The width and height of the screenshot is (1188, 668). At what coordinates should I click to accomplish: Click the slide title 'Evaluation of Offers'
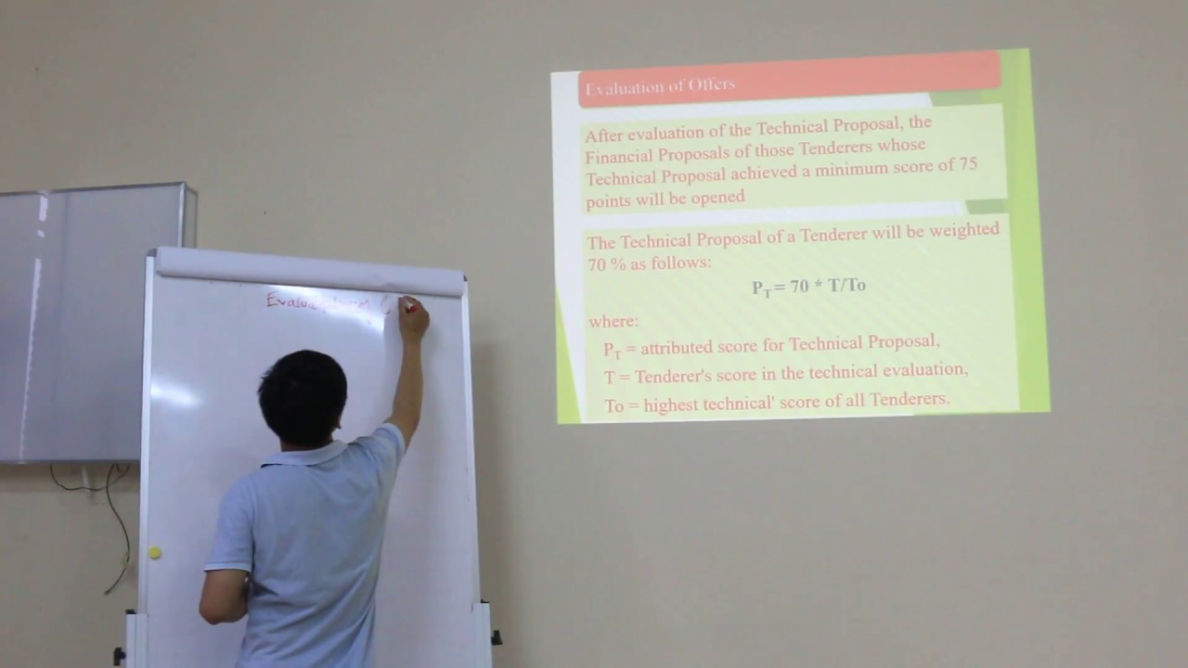tap(660, 86)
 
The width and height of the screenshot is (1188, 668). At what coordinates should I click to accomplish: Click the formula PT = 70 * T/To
tap(808, 287)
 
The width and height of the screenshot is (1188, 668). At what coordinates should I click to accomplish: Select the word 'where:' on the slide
tap(613, 322)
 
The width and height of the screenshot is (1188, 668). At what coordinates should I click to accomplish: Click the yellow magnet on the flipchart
tap(154, 553)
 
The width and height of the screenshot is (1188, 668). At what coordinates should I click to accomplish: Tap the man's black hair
tap(302, 394)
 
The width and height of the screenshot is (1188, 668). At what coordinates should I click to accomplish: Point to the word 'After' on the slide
tap(604, 135)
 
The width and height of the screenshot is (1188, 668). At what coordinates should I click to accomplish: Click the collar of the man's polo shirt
tap(306, 455)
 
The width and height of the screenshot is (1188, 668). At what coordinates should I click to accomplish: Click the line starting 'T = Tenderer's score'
tap(785, 371)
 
